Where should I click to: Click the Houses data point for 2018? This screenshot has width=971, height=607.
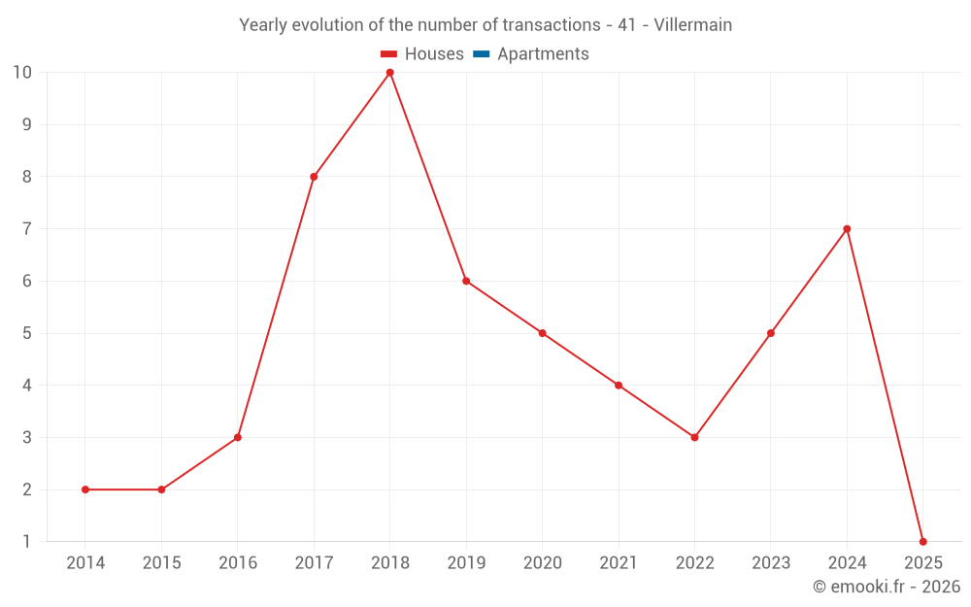click(389, 73)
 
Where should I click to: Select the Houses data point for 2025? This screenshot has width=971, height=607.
click(922, 541)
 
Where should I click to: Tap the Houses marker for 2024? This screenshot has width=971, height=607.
click(847, 229)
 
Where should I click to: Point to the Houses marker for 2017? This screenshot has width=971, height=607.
click(314, 177)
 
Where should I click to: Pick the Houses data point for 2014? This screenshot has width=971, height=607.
click(85, 489)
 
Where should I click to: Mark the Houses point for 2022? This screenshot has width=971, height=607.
click(694, 437)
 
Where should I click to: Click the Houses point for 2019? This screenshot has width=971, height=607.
click(466, 281)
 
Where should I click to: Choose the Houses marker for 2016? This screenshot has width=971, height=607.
click(238, 437)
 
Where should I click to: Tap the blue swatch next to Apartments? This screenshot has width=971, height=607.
click(481, 54)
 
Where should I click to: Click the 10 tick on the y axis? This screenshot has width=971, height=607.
click(22, 73)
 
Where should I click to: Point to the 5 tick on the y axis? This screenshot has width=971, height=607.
click(26, 333)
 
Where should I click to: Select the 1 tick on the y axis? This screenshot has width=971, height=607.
click(26, 541)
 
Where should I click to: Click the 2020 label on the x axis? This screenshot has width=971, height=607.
click(542, 563)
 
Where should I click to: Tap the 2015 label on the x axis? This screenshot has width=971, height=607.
click(161, 563)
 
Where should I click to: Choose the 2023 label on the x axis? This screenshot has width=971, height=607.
click(771, 563)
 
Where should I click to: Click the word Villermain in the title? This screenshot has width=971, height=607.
click(692, 25)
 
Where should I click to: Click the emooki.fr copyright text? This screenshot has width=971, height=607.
click(886, 587)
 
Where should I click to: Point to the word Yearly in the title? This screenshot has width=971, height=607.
click(264, 25)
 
